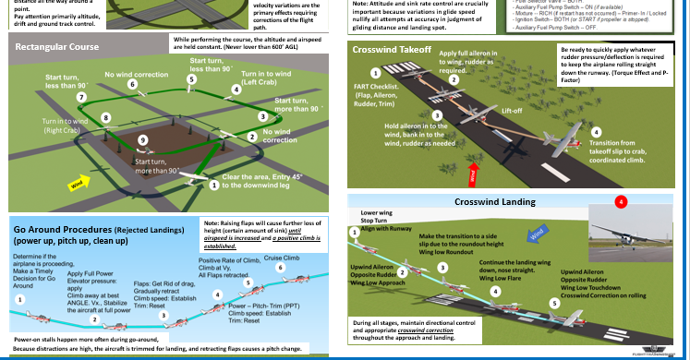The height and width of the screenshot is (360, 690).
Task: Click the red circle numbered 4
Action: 621,201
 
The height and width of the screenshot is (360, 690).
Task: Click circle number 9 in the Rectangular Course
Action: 141,139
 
